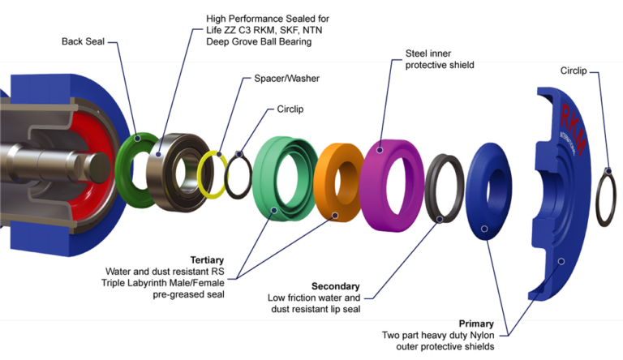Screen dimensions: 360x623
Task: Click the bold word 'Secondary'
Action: (335, 286)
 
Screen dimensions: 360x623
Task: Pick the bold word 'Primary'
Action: (476, 323)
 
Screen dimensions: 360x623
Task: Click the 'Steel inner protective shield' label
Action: (439, 59)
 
